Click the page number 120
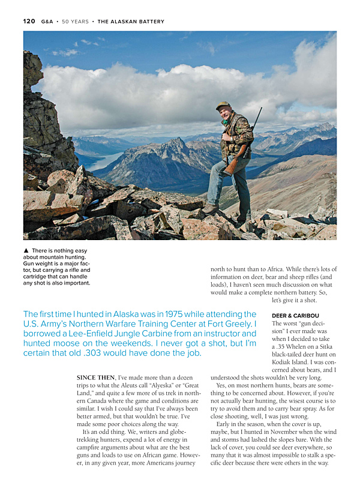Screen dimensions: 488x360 pos(29,22)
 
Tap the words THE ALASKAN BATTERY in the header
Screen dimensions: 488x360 pos(131,22)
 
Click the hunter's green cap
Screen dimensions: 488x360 pos(223,106)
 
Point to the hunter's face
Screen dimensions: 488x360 pos(224,112)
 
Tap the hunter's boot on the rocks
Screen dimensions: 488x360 pos(211,209)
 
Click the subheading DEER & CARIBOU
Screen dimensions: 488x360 pos(295,315)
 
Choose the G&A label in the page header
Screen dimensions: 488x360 pos(47,22)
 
